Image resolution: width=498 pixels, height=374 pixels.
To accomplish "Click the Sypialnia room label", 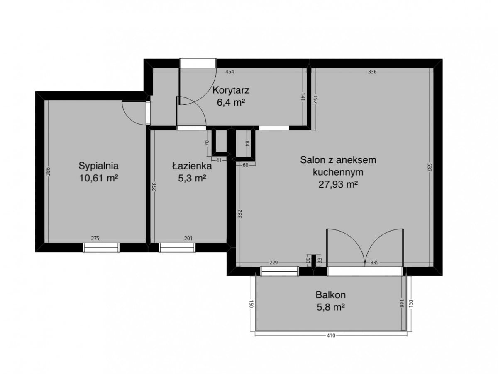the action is (x=98, y=166).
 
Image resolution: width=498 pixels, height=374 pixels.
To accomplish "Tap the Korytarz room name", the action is (x=231, y=90).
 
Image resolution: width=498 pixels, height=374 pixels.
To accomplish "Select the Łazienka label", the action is (x=192, y=166).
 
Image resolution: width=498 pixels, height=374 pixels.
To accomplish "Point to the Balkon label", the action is (x=331, y=295).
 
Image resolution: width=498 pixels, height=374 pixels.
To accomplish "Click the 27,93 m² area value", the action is (x=338, y=184).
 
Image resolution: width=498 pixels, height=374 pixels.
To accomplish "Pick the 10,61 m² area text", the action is (x=98, y=178).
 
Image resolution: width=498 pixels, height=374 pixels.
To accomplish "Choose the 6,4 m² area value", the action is (x=231, y=103).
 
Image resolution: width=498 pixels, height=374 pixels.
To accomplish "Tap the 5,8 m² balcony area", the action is (x=331, y=307).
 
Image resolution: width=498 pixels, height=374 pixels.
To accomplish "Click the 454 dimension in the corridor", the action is (x=229, y=72).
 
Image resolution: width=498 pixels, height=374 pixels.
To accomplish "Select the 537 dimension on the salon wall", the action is (x=430, y=167).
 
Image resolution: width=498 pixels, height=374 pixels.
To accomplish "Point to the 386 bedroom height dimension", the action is (x=48, y=171).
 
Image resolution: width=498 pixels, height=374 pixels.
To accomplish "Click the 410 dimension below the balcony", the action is (x=331, y=335).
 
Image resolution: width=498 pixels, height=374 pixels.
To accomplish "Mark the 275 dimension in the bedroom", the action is (x=95, y=239).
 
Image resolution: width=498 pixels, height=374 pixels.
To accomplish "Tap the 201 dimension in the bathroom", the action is (x=188, y=239).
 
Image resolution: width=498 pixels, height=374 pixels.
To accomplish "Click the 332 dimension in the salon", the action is (x=239, y=214).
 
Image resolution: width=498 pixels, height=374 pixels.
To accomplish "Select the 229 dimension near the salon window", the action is (x=273, y=263).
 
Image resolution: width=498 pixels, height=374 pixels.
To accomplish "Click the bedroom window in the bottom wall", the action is (x=101, y=247).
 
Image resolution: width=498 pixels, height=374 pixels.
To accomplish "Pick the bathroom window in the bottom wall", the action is (x=177, y=247).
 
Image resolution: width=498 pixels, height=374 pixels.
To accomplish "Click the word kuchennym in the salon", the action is (x=338, y=172).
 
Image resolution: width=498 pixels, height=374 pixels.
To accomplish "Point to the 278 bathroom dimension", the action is (x=154, y=186).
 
